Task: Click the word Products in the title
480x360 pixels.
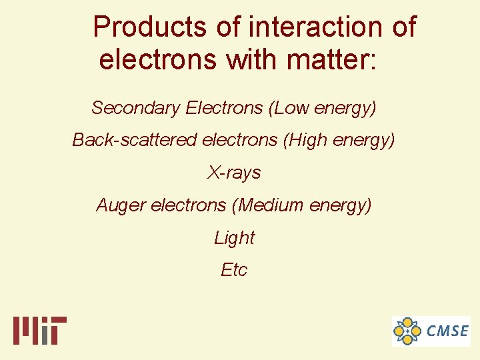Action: (150, 27)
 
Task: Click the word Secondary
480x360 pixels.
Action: (136, 107)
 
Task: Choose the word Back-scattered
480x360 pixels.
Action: (135, 140)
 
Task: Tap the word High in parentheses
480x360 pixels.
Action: (307, 140)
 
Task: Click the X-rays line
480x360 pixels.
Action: (234, 173)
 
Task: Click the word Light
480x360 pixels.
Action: (234, 237)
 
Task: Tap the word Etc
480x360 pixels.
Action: (234, 269)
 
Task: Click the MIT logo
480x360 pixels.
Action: (40, 330)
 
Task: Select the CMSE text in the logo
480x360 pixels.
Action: (447, 331)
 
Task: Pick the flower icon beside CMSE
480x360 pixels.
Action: (407, 331)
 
